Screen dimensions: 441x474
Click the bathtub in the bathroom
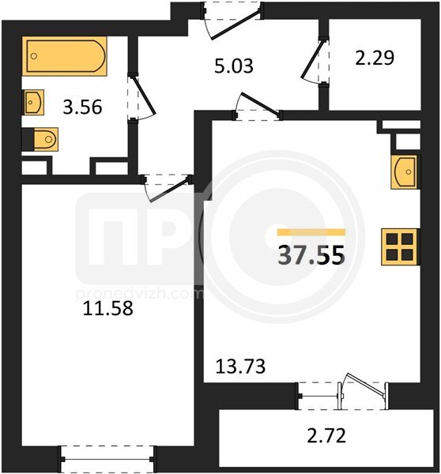(x=65, y=56)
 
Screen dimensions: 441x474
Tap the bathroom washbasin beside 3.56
(x=33, y=102)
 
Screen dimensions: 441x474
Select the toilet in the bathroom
(x=45, y=139)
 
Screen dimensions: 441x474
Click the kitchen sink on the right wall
(x=404, y=172)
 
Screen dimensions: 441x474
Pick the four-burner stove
(x=400, y=246)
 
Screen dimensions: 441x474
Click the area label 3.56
(x=82, y=107)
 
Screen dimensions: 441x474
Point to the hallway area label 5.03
(x=234, y=66)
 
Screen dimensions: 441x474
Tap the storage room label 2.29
(x=375, y=58)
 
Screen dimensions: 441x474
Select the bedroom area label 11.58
(x=108, y=309)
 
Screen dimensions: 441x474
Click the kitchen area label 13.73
(x=240, y=367)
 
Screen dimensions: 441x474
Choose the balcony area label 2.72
(x=326, y=436)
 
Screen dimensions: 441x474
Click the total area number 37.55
(x=311, y=255)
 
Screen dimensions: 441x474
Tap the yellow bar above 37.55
(x=311, y=231)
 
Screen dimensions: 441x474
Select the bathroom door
(x=144, y=96)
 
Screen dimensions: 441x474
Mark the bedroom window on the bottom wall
(x=107, y=459)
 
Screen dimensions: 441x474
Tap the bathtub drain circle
(x=34, y=56)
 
